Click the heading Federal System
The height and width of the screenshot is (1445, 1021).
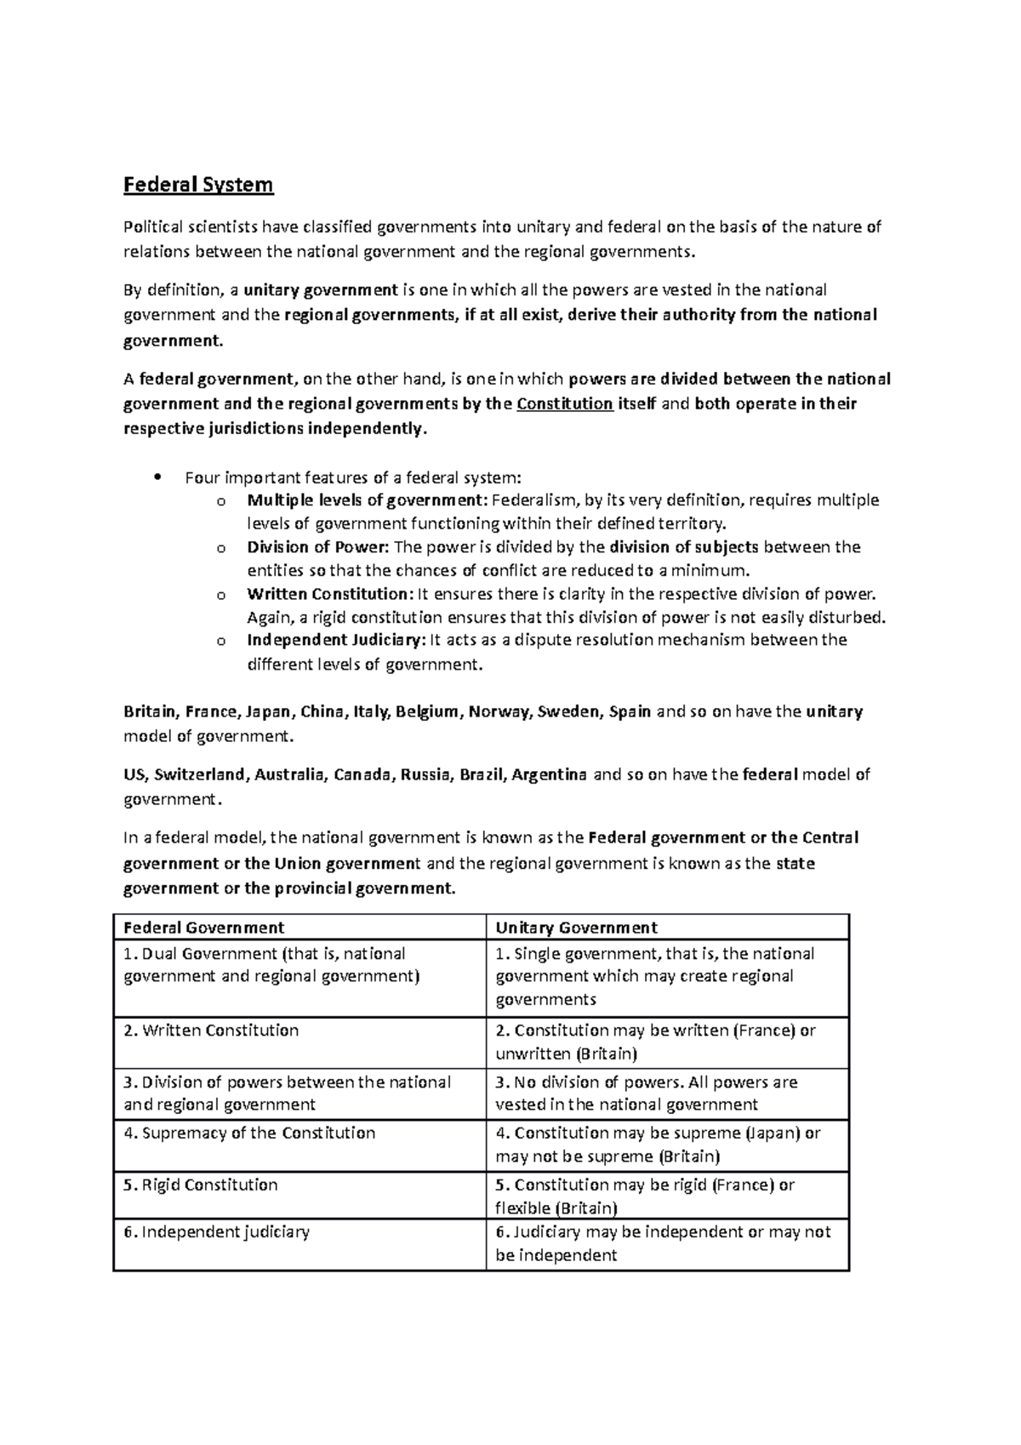click(x=198, y=185)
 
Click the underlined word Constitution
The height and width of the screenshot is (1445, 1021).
click(x=565, y=403)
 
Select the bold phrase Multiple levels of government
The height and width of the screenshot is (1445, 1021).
click(x=364, y=500)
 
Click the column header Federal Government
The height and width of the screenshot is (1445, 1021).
click(x=204, y=928)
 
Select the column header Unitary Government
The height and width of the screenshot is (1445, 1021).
click(x=576, y=928)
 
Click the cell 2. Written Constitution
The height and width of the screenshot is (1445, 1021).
click(x=211, y=1031)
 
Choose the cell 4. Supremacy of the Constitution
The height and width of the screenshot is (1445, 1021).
click(x=249, y=1134)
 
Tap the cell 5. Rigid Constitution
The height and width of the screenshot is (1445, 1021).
click(x=200, y=1185)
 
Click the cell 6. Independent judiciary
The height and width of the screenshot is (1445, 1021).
click(x=216, y=1231)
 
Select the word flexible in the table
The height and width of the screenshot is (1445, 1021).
click(x=522, y=1208)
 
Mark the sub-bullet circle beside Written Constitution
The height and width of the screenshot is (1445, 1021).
click(x=221, y=594)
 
